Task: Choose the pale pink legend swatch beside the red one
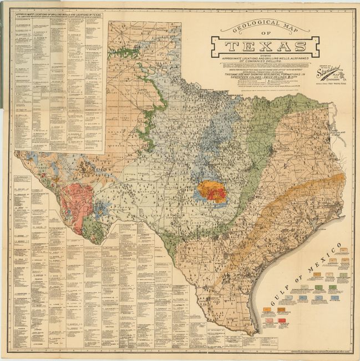point(269,320)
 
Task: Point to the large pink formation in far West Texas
point(77,200)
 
